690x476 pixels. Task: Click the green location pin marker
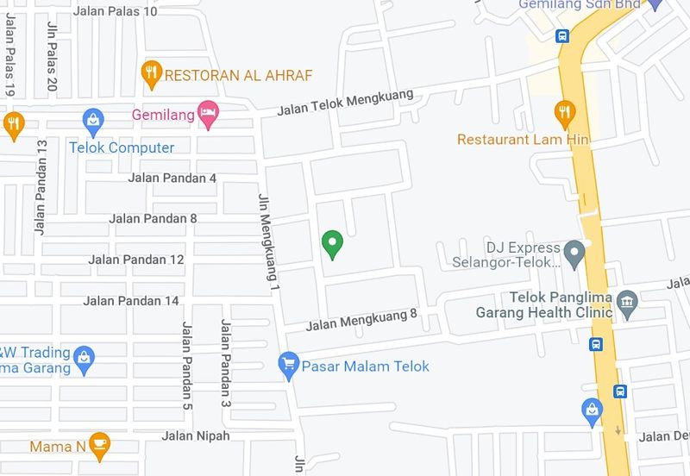click(x=332, y=244)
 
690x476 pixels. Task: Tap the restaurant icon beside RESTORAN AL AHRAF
click(x=152, y=73)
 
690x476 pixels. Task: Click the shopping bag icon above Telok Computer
click(x=93, y=120)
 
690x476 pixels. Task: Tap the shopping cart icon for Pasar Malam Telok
click(x=289, y=366)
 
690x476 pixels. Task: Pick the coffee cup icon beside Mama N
click(x=99, y=445)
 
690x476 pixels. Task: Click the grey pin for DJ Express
click(x=574, y=254)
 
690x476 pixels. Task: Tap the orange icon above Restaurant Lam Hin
click(x=564, y=112)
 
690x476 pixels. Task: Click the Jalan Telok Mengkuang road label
click(x=346, y=104)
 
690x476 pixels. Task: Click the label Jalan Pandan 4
click(x=172, y=178)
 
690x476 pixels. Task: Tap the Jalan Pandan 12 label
click(x=136, y=259)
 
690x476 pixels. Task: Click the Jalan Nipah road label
click(x=196, y=435)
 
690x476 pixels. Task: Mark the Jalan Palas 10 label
click(x=116, y=10)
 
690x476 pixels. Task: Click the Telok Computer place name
click(x=122, y=147)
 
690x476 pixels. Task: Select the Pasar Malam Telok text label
click(x=366, y=366)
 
